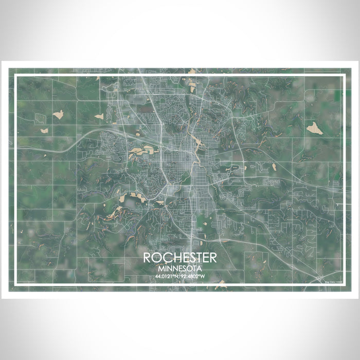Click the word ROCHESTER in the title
click(180, 258)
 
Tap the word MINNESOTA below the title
click(180, 268)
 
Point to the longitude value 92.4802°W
click(194, 276)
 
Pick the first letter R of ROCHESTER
click(148, 258)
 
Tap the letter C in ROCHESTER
click(166, 258)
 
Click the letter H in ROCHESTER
click(175, 258)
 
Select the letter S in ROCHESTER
click(192, 258)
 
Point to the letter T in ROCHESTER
click(201, 258)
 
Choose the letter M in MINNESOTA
click(161, 268)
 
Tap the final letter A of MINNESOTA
click(200, 268)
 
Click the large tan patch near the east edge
click(314, 129)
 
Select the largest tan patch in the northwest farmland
click(58, 114)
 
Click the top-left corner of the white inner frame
click(15, 76)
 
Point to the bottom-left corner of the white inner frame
click(15, 284)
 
